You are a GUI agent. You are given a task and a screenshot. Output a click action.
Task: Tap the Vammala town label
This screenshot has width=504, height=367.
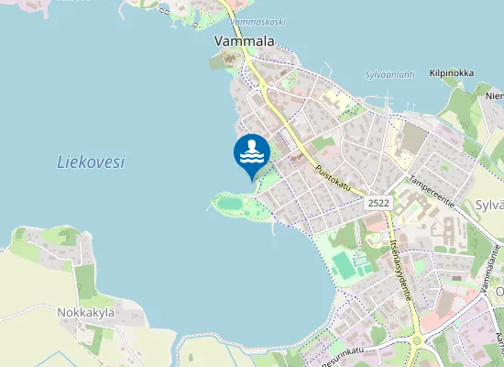(x=245, y=41)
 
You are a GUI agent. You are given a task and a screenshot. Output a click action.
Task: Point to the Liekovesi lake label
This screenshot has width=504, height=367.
(x=91, y=162)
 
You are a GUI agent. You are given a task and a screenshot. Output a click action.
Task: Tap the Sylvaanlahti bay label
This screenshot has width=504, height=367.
(x=389, y=74)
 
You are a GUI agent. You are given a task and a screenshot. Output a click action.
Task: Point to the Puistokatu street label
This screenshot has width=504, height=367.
(x=333, y=177)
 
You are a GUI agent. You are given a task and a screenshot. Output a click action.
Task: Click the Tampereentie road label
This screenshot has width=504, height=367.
(x=432, y=187)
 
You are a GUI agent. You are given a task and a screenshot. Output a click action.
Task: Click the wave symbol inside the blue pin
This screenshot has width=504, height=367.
(x=251, y=152)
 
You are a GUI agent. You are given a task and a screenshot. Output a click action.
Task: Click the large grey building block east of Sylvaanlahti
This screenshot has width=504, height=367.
(x=414, y=139)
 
